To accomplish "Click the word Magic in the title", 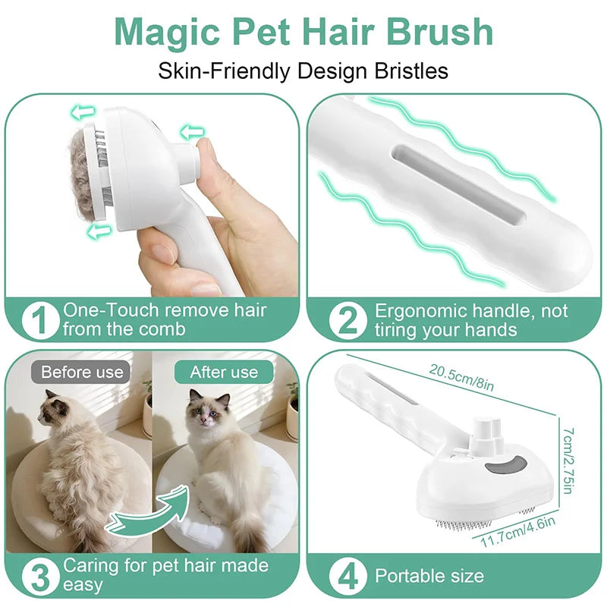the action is (167, 33).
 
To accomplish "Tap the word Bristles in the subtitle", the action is (411, 71).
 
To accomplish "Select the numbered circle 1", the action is (40, 320).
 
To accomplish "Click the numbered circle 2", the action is (348, 320).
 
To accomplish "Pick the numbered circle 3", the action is (40, 577).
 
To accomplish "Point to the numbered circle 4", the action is (348, 577).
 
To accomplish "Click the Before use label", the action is (82, 372).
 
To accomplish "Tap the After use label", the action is (224, 372).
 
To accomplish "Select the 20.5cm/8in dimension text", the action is (461, 376).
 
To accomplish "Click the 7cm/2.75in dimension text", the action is (568, 461).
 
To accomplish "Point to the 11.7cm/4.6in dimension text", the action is (517, 532).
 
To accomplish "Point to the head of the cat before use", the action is (53, 411).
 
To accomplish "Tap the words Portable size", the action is (429, 577).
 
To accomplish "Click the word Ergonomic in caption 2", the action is (421, 312).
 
